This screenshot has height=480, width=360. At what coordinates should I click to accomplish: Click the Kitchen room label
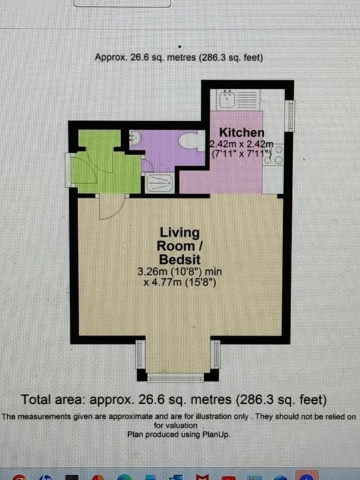click(x=241, y=132)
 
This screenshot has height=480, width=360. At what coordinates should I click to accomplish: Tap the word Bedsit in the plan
click(x=180, y=259)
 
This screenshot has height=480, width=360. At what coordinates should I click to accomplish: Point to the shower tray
click(x=159, y=182)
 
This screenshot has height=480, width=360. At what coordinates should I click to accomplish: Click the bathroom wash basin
click(x=134, y=138)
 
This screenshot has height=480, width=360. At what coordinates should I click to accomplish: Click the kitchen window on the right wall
click(x=289, y=116)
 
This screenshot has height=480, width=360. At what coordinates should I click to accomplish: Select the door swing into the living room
click(x=111, y=207)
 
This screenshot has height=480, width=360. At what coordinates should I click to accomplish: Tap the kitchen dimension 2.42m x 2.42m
click(x=241, y=144)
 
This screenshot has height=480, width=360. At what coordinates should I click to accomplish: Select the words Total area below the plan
click(x=52, y=399)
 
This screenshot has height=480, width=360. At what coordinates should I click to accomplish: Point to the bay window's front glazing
click(x=176, y=377)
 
